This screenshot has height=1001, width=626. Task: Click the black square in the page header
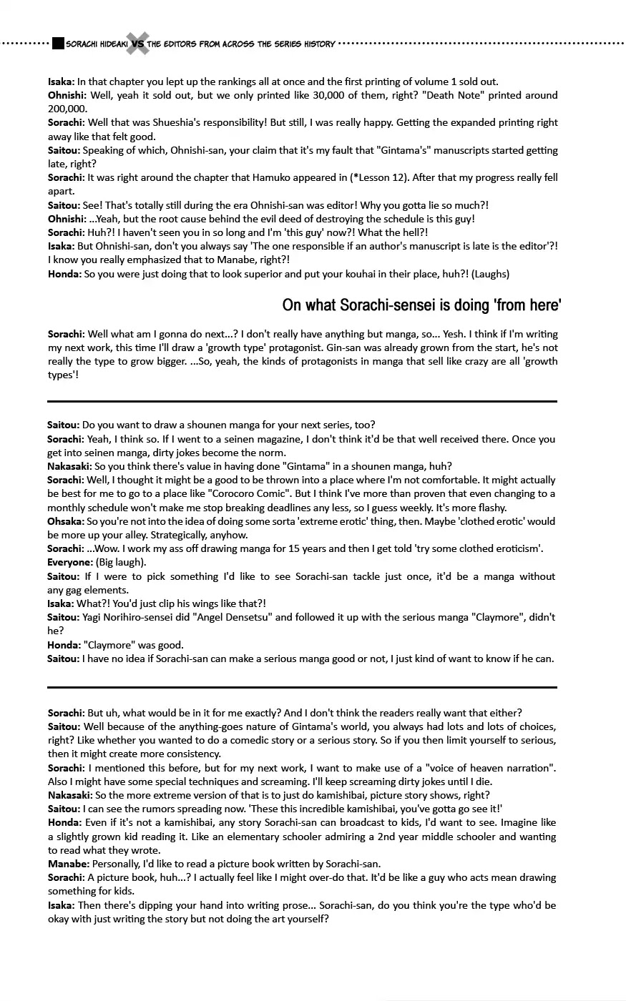pyautogui.click(x=58, y=44)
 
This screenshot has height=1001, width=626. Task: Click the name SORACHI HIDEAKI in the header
pyautogui.click(x=95, y=44)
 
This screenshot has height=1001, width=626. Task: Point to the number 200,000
pyautogui.click(x=67, y=109)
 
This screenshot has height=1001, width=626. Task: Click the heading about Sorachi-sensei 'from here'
pyautogui.click(x=421, y=305)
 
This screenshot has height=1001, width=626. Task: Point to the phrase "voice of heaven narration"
pyautogui.click(x=484, y=768)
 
